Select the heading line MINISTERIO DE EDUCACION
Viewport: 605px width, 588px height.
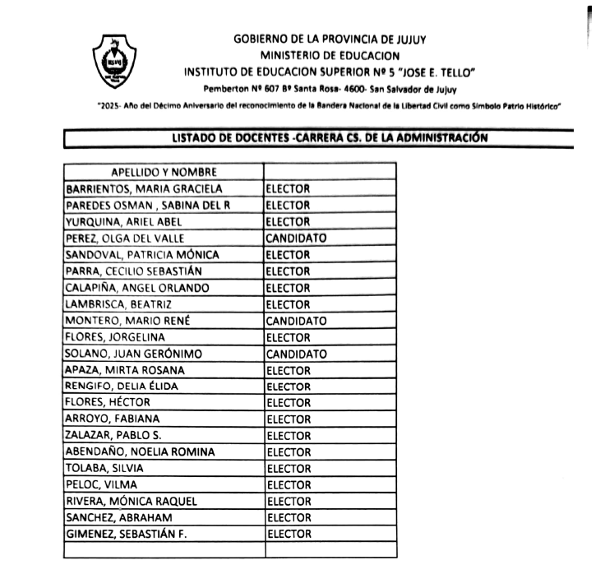point(330,54)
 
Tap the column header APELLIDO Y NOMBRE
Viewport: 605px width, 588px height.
point(164,172)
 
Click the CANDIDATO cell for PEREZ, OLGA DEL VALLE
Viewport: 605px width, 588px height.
point(296,238)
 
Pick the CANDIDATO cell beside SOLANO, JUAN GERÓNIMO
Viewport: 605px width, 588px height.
point(296,354)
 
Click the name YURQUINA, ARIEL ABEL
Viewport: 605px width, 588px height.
point(123,221)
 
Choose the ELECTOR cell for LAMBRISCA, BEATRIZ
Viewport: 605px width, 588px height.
point(289,304)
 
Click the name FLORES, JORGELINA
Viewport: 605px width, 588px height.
point(115,337)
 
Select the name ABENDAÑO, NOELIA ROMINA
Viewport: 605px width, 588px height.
point(140,452)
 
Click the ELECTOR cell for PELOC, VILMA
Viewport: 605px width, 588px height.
point(289,485)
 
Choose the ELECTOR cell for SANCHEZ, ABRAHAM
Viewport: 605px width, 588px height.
point(289,518)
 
